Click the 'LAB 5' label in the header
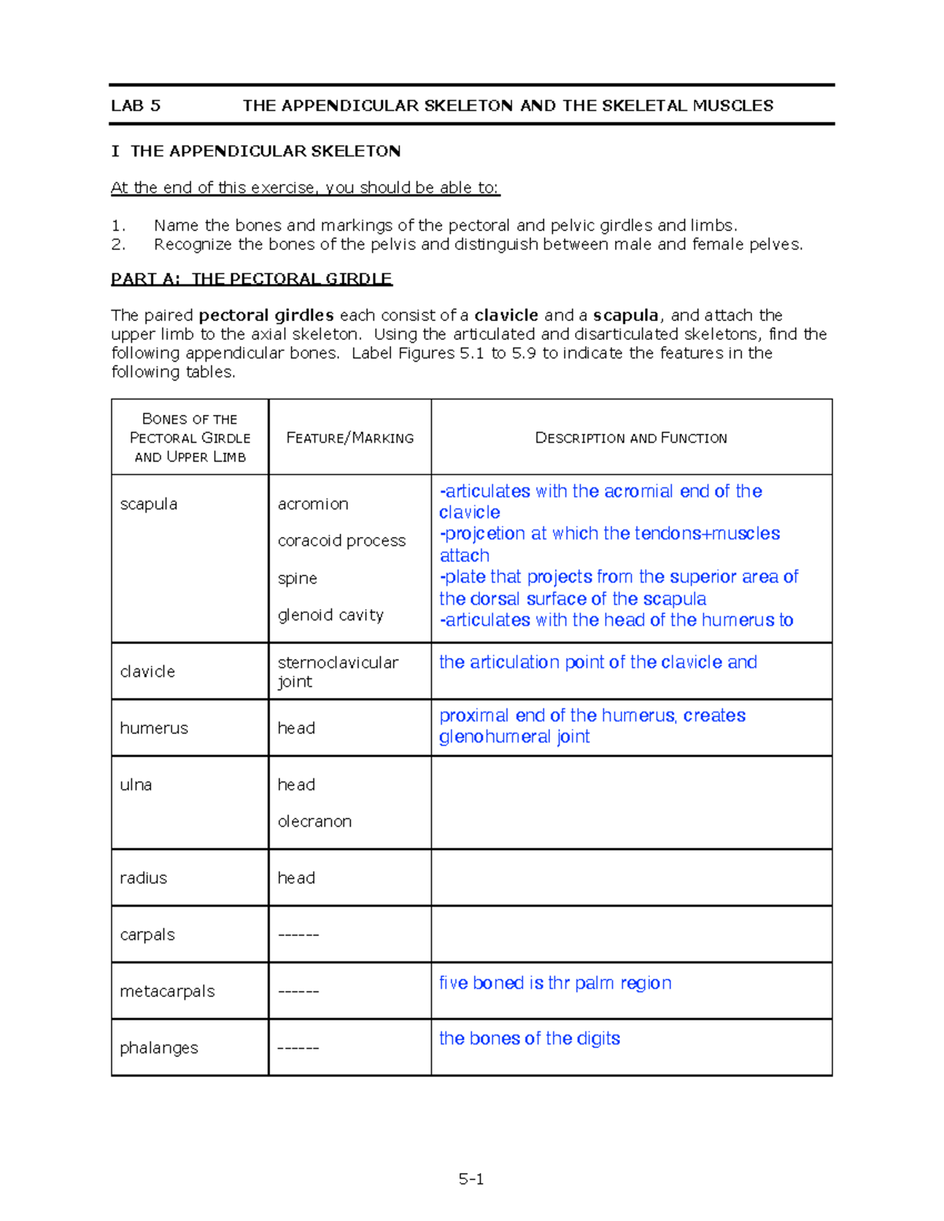[x=135, y=105]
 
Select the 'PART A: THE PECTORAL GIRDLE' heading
[x=251, y=278]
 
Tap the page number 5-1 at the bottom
[x=471, y=1179]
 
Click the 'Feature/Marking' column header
[x=349, y=438]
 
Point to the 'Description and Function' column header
[x=631, y=438]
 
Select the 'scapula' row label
[x=149, y=504]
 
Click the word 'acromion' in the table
[x=312, y=504]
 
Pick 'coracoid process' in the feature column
[x=341, y=541]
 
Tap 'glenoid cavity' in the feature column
[x=330, y=615]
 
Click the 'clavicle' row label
[x=147, y=671]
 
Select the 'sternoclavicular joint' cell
[x=337, y=671]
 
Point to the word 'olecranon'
[x=314, y=821]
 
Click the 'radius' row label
[x=143, y=877]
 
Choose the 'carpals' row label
[x=147, y=934]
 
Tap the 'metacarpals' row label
[x=167, y=991]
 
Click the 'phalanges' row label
[x=159, y=1047]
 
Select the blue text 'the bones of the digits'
[x=529, y=1039]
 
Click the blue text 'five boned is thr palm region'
[x=555, y=983]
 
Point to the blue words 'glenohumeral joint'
[x=514, y=737]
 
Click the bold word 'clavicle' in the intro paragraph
[x=506, y=315]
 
